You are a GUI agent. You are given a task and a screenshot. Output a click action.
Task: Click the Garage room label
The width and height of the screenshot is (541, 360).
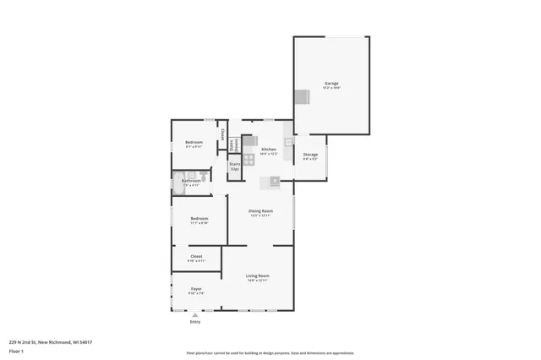click(331, 84)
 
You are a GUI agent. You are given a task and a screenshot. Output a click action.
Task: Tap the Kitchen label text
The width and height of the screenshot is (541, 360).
click(269, 150)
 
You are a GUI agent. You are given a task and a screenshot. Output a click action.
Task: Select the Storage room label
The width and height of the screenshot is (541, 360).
click(310, 155)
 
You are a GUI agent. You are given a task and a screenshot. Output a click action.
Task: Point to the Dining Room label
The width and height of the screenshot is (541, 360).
click(260, 211)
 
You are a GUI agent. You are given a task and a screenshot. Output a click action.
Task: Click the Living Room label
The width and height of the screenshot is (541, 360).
click(258, 276)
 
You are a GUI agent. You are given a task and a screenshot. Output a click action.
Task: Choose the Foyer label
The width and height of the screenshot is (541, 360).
click(195, 289)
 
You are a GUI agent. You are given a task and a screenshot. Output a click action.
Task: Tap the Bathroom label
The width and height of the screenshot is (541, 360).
click(192, 180)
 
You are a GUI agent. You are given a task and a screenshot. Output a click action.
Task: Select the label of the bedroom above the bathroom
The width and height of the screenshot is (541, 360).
click(194, 142)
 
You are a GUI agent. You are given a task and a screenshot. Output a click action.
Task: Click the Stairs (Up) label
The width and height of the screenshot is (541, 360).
click(235, 166)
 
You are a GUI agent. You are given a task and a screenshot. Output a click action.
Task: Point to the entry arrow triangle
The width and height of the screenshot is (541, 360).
click(195, 315)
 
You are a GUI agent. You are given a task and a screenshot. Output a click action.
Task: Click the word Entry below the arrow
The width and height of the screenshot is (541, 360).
click(195, 322)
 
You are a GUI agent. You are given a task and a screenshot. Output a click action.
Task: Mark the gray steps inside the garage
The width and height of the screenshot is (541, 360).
click(302, 96)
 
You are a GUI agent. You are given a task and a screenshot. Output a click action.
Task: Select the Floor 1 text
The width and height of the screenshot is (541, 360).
click(16, 350)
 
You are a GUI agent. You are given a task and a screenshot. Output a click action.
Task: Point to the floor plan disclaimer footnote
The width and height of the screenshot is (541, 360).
click(270, 353)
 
